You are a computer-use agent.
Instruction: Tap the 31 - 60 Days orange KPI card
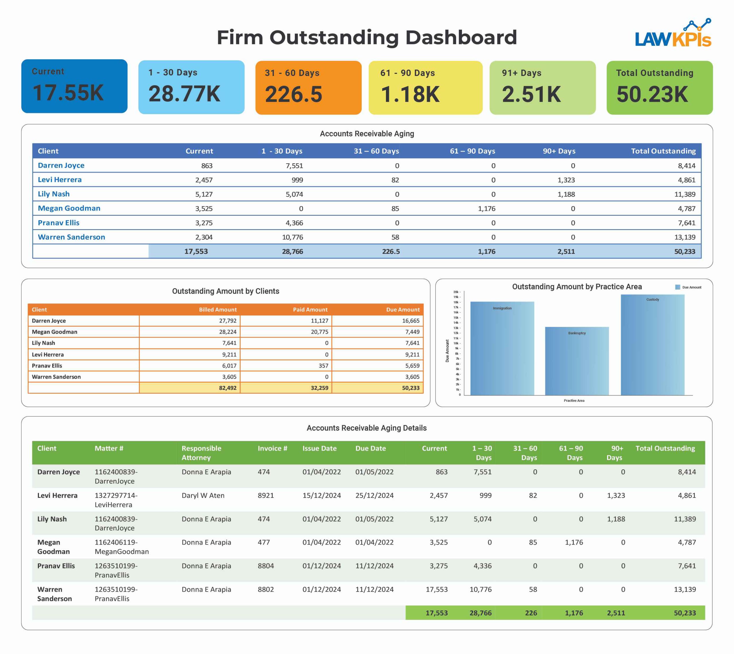point(308,88)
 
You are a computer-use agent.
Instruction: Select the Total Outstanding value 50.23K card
point(659,88)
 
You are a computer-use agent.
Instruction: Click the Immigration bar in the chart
point(502,349)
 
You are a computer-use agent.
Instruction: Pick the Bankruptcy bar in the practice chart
point(577,361)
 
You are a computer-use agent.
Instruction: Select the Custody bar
point(652,345)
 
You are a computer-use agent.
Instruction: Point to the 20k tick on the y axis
point(456,292)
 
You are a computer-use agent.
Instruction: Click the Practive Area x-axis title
point(574,401)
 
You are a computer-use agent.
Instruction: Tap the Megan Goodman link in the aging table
point(69,209)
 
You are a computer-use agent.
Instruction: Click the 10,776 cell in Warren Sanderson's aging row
point(292,237)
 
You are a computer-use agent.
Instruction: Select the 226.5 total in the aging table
point(391,252)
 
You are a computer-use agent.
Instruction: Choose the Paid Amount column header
point(310,310)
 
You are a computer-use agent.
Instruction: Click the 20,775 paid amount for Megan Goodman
point(319,332)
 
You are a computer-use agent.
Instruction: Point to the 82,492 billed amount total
point(228,388)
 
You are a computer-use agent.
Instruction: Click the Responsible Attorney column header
point(201,453)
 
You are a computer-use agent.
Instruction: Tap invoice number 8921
point(266,496)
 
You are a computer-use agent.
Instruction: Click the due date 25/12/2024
point(374,496)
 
